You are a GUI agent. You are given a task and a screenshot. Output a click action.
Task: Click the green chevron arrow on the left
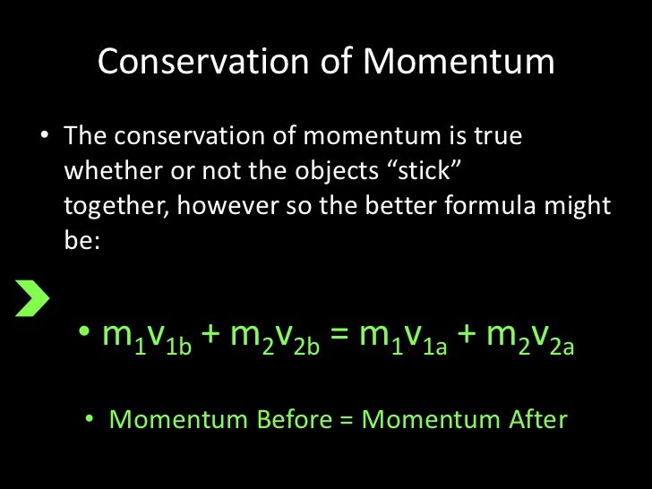tap(31, 298)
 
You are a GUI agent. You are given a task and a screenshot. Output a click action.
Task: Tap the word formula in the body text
tap(493, 205)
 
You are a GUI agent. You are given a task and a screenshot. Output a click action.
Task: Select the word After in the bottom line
tap(535, 419)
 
